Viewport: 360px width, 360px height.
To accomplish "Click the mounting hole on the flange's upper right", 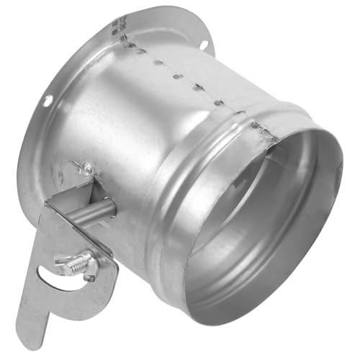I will point(202,45).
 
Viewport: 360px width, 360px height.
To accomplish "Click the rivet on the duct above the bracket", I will point(86,168).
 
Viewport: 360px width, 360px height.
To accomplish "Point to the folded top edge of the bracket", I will point(72,196).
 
